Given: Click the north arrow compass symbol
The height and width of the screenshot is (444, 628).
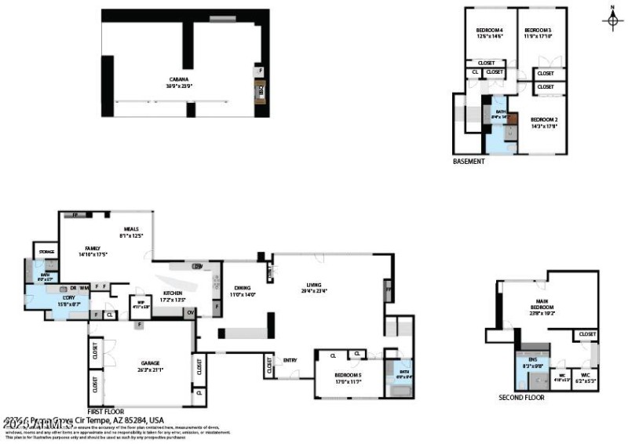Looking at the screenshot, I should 612,19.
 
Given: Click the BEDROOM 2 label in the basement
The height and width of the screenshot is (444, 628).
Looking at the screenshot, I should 544,119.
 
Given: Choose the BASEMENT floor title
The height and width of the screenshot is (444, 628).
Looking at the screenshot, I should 469,162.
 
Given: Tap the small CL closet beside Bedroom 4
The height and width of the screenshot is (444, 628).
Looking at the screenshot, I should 475,72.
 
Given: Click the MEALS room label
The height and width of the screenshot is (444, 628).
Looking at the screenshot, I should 131,228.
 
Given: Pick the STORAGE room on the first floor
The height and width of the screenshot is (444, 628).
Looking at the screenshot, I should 46,253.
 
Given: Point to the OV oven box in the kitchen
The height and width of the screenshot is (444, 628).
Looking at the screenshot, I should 191,312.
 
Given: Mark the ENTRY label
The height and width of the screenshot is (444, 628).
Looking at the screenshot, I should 290,360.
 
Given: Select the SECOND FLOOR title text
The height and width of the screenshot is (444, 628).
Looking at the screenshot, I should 521,397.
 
